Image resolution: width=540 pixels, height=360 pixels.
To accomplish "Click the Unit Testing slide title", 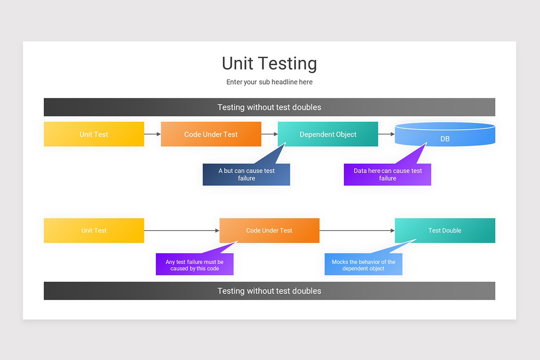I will click(269, 63).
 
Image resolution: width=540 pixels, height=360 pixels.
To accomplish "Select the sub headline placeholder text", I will click(269, 82).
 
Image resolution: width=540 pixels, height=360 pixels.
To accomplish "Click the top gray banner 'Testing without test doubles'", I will click(269, 107).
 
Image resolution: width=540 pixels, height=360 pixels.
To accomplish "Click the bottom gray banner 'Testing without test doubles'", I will click(269, 291).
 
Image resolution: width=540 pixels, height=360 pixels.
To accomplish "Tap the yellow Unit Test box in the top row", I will click(94, 134).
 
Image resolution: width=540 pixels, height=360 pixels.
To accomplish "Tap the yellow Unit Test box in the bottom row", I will click(94, 230).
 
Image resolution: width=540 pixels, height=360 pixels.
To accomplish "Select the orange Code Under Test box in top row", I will click(211, 134).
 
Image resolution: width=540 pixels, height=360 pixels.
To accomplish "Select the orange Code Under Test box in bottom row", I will click(269, 230).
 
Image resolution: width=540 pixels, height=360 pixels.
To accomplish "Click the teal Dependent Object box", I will click(328, 134).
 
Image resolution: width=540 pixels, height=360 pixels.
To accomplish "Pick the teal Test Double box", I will click(445, 230).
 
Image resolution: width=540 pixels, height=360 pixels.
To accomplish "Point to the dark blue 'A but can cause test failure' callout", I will click(246, 175).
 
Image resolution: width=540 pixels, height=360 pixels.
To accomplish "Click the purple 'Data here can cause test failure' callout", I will click(387, 175).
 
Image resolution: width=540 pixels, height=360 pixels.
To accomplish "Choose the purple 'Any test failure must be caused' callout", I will click(194, 265).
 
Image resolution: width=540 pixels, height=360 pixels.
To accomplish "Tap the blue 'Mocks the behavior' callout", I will click(363, 265).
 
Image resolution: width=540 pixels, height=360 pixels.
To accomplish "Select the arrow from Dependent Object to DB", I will click(386, 134).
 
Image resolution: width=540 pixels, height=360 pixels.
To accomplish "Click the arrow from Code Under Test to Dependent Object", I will click(269, 134).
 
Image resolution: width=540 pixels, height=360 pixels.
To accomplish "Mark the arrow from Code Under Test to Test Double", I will click(357, 230).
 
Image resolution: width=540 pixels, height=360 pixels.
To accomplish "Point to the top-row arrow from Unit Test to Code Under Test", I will click(152, 134).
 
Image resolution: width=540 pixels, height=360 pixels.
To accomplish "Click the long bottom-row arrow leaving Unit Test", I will click(181, 230).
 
